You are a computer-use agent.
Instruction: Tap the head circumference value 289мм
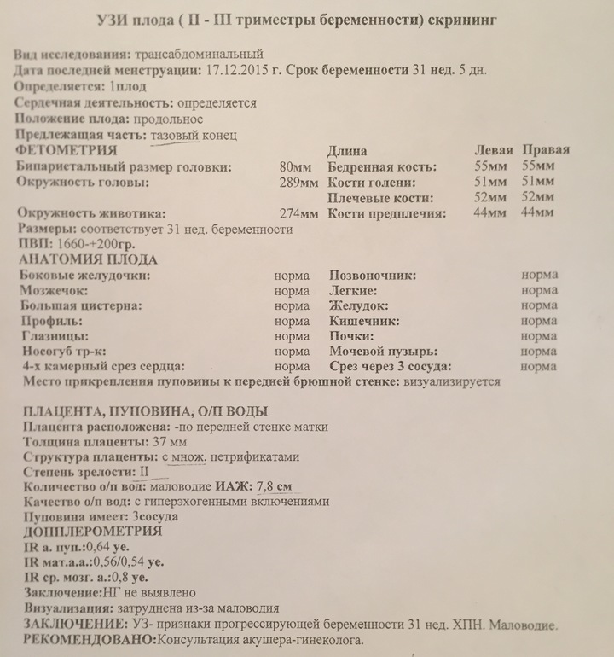298,183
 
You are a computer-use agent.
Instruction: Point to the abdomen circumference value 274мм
298,213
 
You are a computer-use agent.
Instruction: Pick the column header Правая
546,150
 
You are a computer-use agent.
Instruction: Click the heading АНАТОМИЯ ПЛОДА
86,259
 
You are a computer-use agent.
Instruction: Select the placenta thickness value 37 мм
168,442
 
